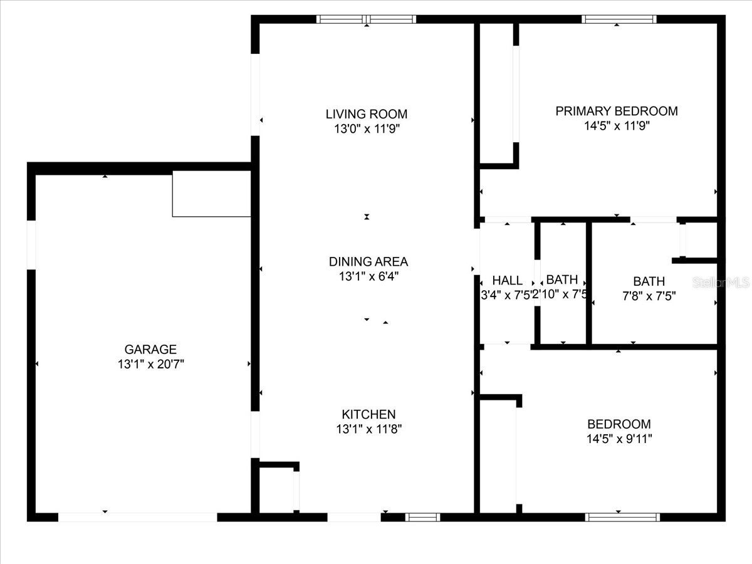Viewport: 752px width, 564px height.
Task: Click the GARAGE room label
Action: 150,350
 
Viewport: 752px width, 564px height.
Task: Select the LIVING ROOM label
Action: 367,114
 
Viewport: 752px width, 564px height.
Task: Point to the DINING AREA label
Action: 368,261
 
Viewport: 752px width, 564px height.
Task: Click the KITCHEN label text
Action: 368,414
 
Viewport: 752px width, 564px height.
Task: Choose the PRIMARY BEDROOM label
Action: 617,111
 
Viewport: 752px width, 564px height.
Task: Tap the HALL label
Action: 507,281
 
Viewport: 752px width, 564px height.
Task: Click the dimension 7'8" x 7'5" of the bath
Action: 649,296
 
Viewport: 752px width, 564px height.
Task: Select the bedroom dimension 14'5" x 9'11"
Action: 619,439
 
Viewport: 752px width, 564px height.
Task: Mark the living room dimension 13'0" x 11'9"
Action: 367,129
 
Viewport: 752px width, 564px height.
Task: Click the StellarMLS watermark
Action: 721,283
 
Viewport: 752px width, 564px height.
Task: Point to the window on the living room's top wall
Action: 367,19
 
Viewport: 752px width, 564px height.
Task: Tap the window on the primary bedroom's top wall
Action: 619,19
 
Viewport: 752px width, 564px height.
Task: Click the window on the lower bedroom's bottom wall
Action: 622,517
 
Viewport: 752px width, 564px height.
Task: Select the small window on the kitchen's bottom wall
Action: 422,517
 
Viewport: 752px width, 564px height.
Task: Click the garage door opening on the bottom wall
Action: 138,517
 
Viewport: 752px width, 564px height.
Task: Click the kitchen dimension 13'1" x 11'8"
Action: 368,429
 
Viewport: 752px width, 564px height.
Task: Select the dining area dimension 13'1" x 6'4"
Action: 368,276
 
